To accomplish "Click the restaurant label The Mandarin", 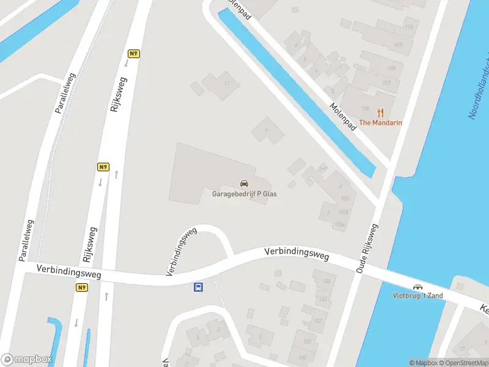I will [380, 123].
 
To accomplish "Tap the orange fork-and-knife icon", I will [380, 113].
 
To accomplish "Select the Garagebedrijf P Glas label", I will [244, 194].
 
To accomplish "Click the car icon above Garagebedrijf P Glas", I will [244, 183].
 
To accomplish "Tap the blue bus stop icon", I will [198, 287].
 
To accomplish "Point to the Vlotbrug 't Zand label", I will [418, 296].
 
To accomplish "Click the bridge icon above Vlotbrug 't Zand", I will [418, 287].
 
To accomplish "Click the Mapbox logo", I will [26, 360].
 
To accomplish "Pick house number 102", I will [318, 321].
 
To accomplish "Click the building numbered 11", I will [227, 83].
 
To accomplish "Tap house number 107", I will [386, 83].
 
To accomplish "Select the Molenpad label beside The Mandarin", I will [342, 115].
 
